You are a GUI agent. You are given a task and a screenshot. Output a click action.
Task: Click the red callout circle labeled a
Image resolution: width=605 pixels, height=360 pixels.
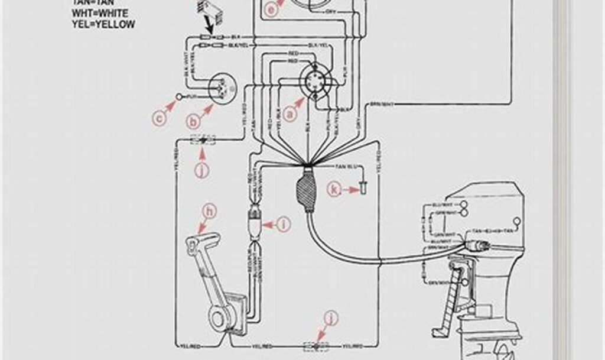(x=289, y=115)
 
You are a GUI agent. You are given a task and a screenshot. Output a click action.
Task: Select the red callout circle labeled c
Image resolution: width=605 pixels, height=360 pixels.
(x=158, y=119)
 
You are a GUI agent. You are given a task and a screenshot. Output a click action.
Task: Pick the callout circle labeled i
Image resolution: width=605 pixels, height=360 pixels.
(x=284, y=224)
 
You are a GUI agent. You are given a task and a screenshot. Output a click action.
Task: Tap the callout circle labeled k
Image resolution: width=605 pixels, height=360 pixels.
(x=335, y=190)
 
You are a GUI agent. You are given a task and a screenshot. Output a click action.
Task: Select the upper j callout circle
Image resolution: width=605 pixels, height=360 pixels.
(x=203, y=171)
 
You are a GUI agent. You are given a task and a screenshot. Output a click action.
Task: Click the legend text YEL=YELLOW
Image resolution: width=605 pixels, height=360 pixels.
(x=103, y=24)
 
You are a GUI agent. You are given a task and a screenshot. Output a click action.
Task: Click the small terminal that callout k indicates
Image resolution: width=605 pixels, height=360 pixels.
(x=362, y=189)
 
